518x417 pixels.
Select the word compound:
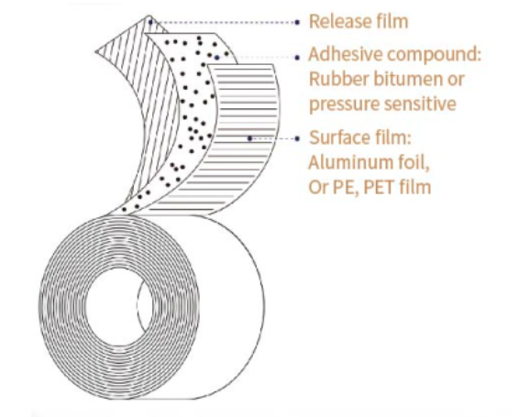pos(434,55)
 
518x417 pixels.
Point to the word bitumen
pos(407,79)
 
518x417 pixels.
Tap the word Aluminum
pos(349,162)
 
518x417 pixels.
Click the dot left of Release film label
pos(297,22)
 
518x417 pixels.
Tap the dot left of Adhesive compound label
pos(297,58)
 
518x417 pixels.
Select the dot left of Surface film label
pos(297,138)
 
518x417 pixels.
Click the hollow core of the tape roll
pos(119,307)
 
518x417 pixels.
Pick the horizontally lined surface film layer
pos(245,138)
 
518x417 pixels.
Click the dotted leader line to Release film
pos(224,22)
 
